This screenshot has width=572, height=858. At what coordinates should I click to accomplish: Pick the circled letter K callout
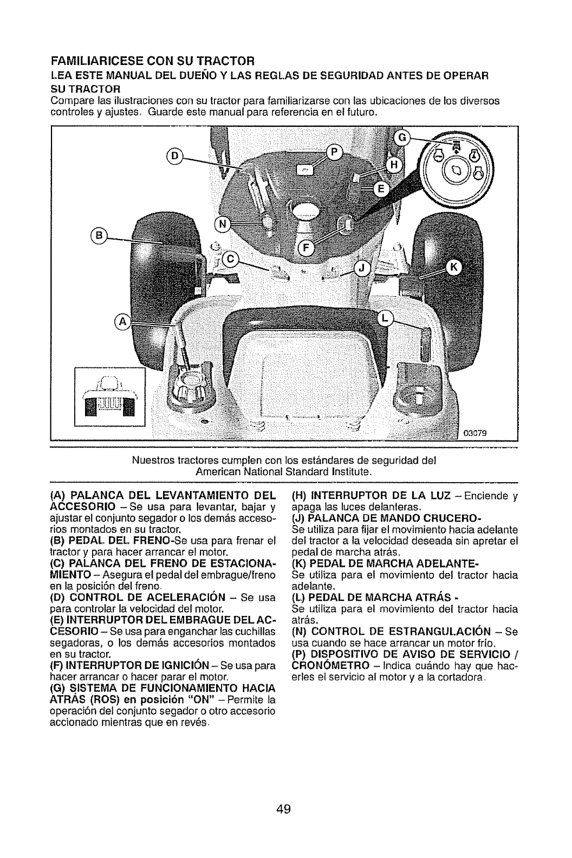(453, 266)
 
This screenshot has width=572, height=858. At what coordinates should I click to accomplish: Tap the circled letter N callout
(223, 224)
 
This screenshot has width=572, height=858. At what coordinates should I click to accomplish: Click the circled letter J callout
(362, 269)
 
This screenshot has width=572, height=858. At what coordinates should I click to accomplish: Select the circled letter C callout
(230, 259)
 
